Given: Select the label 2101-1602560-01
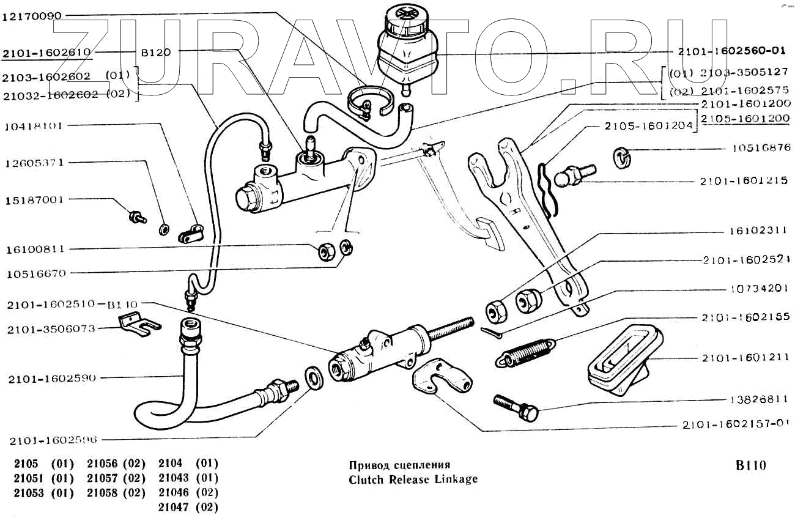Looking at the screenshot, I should tap(731, 52).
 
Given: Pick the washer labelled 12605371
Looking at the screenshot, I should tap(165, 229).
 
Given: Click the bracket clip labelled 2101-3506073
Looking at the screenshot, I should tap(138, 323).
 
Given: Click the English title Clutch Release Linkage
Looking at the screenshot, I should tap(413, 479).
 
